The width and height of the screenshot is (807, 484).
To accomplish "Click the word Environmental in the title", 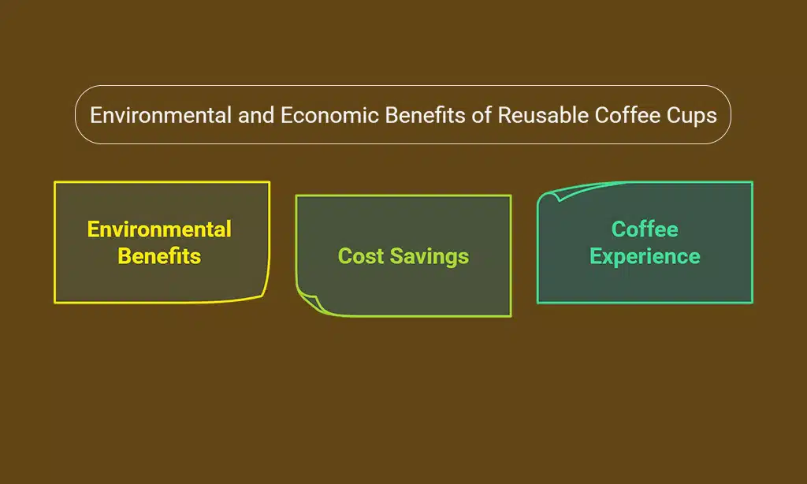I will click(161, 115).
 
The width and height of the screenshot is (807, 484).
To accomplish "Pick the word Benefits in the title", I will click(426, 115).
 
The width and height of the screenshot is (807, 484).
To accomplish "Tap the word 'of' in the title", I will click(482, 115).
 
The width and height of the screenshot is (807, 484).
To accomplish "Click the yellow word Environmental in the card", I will click(159, 229).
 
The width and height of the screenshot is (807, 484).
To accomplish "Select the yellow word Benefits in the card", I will click(159, 256).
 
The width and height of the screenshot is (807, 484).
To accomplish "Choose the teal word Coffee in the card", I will click(645, 229).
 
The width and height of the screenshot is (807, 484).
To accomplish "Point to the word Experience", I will click(645, 256).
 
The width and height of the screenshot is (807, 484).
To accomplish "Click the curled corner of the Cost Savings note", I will click(309, 301).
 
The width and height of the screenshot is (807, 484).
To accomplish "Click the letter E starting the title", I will click(95, 115).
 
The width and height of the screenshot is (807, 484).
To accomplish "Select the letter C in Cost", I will click(344, 256).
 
